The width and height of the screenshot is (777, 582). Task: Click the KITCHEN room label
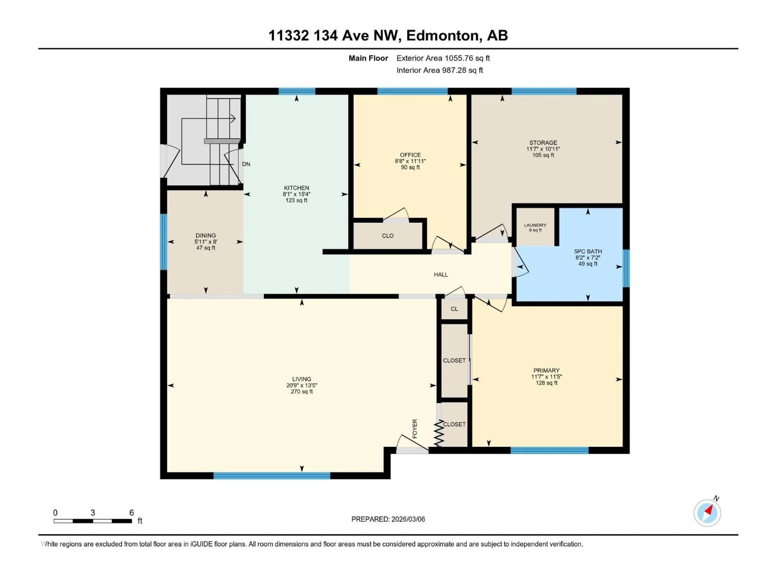[296, 188]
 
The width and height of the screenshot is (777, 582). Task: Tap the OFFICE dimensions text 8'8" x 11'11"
[410, 161]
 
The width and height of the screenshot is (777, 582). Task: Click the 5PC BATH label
[588, 251]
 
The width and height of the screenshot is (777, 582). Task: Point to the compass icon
[707, 513]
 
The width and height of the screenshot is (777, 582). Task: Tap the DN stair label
[246, 164]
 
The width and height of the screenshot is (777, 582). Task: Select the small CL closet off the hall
[454, 309]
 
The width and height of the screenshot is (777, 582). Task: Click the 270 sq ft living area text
[301, 391]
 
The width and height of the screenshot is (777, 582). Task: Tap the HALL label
[441, 275]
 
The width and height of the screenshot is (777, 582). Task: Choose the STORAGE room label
[543, 142]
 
